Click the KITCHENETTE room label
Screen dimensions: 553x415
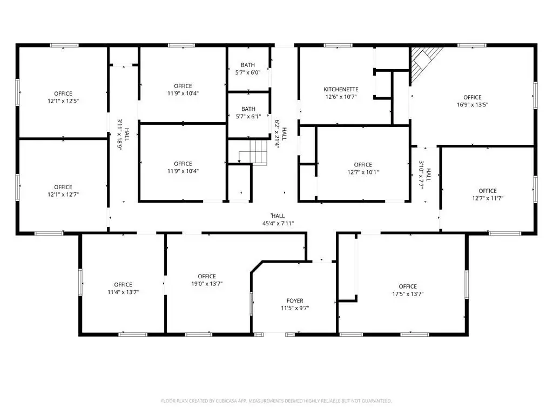(x=341, y=89)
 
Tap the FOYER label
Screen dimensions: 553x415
(x=295, y=300)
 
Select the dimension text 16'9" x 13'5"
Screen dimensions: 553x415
(x=472, y=104)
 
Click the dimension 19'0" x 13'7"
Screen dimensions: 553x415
(x=207, y=283)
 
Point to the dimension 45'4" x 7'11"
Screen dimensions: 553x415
(x=278, y=223)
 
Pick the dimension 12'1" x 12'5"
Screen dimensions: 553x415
(x=63, y=101)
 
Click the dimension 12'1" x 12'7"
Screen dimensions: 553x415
(x=63, y=195)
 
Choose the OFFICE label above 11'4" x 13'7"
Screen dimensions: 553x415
(x=123, y=284)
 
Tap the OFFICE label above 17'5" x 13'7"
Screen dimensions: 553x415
(x=408, y=286)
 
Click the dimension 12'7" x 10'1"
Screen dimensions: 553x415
(x=363, y=172)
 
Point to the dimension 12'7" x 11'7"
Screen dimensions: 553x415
(x=488, y=198)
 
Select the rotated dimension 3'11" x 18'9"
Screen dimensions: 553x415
(x=120, y=135)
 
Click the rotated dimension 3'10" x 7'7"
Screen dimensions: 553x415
(x=422, y=175)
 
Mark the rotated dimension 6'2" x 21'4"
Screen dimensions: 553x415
(x=278, y=134)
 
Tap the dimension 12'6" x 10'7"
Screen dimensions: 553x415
(x=341, y=97)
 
